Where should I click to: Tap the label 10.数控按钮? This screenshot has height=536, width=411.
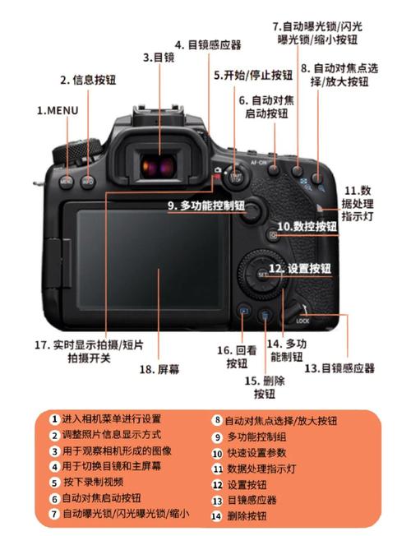(307, 225)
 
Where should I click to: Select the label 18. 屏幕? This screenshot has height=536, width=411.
(159, 369)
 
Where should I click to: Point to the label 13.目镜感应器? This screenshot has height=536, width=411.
(339, 368)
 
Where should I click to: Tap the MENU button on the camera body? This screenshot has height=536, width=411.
(67, 178)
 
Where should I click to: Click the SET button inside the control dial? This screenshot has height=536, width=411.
(261, 273)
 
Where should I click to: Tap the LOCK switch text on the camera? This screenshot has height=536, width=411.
(302, 321)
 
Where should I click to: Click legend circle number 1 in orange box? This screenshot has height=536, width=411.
(54, 419)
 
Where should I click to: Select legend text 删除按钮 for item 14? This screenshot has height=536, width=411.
(246, 515)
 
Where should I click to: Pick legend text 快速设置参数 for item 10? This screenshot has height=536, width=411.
(256, 452)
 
